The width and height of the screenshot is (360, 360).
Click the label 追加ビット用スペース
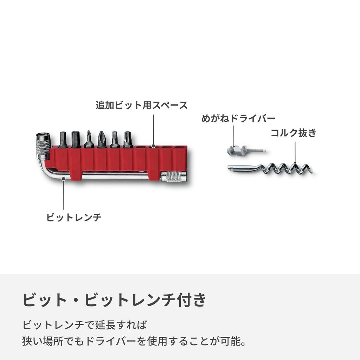tap(142, 105)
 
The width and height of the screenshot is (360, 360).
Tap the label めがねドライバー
tap(238, 118)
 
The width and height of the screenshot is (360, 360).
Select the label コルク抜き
tap(294, 133)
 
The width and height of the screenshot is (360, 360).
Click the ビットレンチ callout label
tap(74, 217)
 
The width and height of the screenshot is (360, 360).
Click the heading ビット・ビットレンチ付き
tap(114, 300)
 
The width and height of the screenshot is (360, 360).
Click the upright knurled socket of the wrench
tap(43, 146)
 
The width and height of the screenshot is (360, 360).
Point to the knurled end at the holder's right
tap(174, 176)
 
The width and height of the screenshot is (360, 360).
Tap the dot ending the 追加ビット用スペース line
tap(153, 146)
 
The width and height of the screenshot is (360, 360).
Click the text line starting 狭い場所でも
tap(134, 341)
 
